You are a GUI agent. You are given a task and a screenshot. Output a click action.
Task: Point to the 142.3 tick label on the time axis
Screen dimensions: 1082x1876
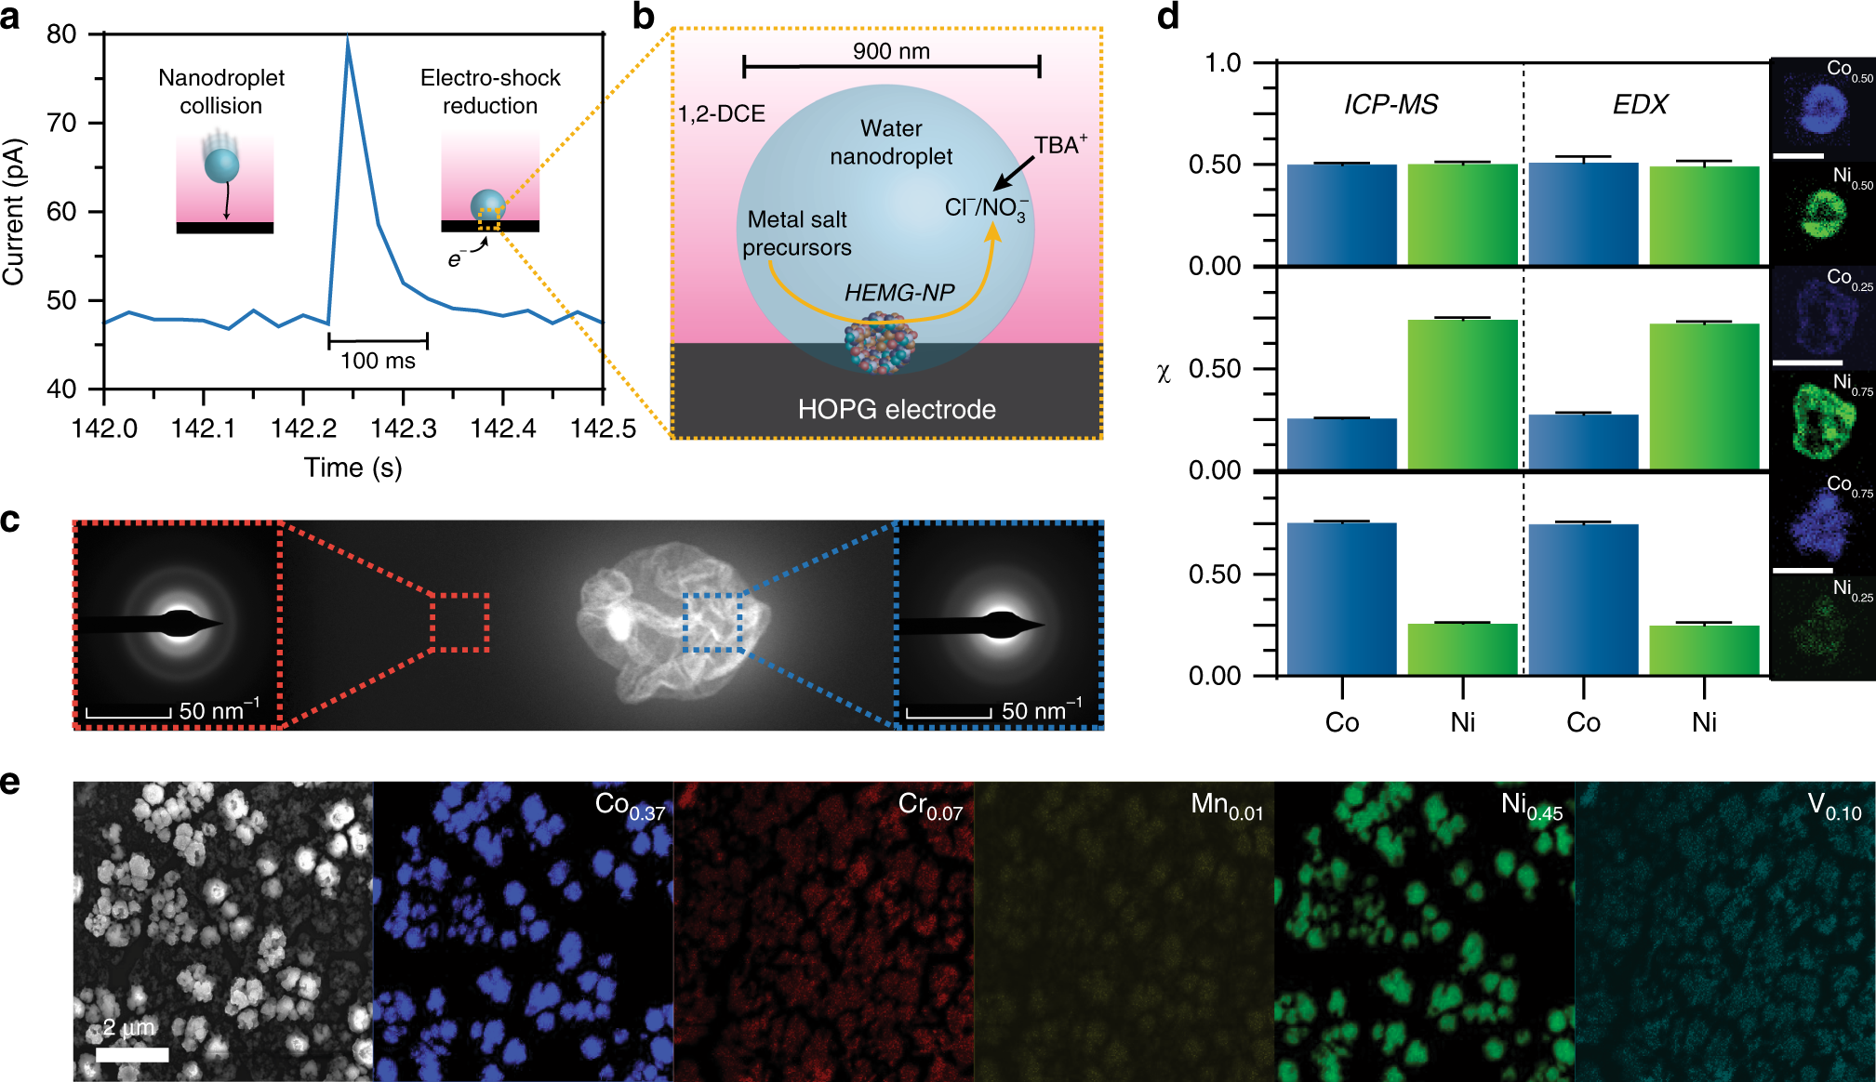(x=403, y=429)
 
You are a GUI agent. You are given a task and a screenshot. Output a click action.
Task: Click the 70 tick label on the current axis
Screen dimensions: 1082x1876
(x=61, y=123)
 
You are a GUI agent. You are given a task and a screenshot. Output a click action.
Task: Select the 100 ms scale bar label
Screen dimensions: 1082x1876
(x=378, y=361)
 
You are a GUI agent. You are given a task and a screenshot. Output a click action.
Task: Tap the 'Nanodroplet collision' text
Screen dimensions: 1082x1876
(x=221, y=91)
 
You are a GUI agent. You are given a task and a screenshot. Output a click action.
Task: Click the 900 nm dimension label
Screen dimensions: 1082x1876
(x=891, y=51)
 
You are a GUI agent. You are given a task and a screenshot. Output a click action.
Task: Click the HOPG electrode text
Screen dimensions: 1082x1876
(x=897, y=409)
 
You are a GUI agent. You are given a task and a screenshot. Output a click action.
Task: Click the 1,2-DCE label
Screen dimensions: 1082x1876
(x=721, y=113)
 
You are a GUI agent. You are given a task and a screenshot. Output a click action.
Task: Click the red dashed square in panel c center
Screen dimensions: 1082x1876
(x=460, y=621)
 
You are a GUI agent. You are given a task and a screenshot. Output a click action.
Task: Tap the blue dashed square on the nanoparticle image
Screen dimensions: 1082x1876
(x=712, y=621)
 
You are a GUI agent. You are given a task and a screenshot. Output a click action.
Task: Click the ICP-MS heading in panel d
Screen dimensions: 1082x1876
(x=1390, y=104)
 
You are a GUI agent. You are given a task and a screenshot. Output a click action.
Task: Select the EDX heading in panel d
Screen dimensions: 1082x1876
(x=1640, y=104)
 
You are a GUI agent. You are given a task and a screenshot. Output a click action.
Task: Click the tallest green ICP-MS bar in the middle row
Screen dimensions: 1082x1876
(x=1462, y=394)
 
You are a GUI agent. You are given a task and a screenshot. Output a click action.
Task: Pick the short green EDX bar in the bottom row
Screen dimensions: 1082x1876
(x=1704, y=650)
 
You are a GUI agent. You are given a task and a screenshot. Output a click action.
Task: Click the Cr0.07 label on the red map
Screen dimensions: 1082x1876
(x=930, y=805)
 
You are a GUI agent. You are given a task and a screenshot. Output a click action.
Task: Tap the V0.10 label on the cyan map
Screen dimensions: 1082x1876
(x=1834, y=806)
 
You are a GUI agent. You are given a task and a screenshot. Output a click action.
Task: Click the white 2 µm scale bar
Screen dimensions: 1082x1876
(x=132, y=1054)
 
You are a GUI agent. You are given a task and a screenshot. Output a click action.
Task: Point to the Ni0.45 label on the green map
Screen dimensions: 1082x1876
(x=1531, y=805)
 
